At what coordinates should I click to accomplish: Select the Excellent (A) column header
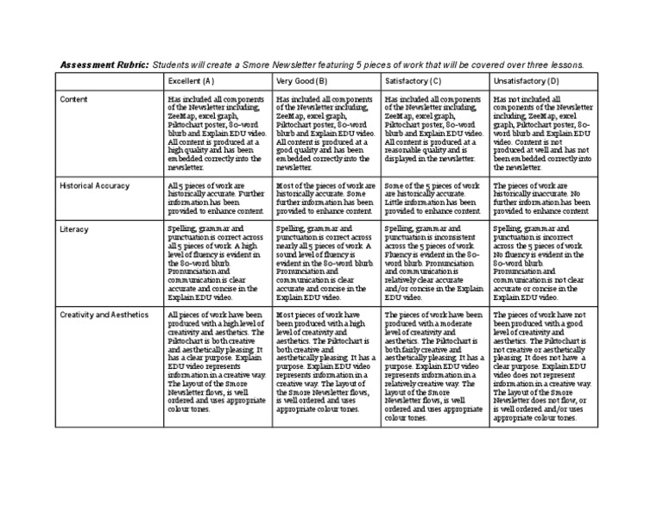pos(191,81)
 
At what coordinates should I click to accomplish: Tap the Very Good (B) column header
pos(301,81)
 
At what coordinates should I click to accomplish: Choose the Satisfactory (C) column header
pos(413,81)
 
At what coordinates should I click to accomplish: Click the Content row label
pos(73,100)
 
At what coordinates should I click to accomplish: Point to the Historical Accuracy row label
pos(94,185)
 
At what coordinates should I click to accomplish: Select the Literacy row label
pos(74,229)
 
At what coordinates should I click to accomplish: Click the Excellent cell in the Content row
pos(217,134)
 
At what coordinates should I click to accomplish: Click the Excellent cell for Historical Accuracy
pos(217,198)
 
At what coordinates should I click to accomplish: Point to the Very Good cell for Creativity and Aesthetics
pos(325,362)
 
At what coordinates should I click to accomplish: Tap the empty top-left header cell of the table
pos(109,81)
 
